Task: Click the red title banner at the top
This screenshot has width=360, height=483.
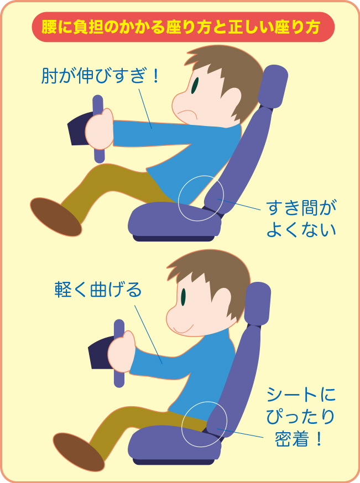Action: coord(183,27)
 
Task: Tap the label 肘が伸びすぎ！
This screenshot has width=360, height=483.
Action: coord(101,76)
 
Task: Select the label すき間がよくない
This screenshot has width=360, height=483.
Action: coord(301,218)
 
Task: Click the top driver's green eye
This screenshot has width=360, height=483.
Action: coord(195,85)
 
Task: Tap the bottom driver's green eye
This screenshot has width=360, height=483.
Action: coord(184,297)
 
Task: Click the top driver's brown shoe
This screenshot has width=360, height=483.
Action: coord(56,217)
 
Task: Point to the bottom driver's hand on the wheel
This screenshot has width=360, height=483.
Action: coord(122,351)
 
